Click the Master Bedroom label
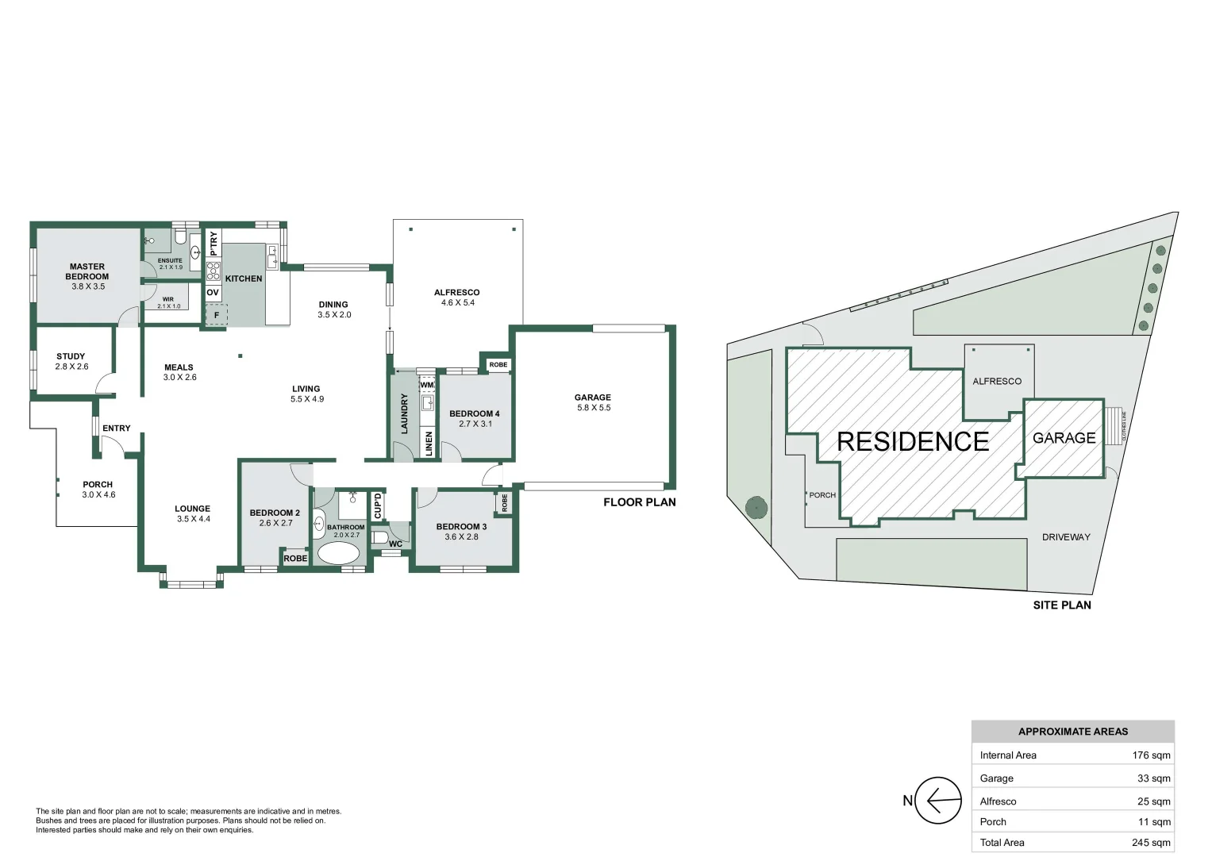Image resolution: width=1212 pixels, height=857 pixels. coord(87,271)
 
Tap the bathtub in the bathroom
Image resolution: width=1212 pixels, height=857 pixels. coord(339,553)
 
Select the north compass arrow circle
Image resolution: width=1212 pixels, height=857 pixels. coord(938,801)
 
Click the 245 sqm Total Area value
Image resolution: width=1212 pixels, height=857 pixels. coord(1151,843)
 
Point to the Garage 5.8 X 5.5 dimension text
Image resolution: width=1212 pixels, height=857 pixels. coord(594,408)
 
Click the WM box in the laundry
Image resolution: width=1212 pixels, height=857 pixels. coord(427,385)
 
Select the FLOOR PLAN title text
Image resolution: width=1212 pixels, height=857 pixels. coord(639,502)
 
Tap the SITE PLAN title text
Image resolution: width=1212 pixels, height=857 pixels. coord(1061,605)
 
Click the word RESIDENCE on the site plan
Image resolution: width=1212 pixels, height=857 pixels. coord(913,442)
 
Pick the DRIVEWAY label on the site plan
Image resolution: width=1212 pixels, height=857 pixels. coord(1065,537)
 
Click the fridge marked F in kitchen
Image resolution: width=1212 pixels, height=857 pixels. coord(216,315)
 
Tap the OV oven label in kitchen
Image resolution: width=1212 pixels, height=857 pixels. coord(213,293)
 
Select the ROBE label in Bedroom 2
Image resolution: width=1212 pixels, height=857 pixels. coord(295,559)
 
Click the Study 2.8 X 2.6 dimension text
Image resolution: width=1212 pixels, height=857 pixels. coord(71,367)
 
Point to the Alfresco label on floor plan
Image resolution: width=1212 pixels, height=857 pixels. coord(456,292)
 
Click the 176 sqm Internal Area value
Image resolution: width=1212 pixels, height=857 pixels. coord(1151,755)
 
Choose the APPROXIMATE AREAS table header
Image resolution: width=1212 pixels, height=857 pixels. coord(1072,732)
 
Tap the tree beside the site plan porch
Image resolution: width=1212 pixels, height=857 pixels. coord(756,506)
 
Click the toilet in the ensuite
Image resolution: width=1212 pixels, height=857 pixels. coord(180,237)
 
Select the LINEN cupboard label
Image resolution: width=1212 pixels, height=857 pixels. coord(429,443)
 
